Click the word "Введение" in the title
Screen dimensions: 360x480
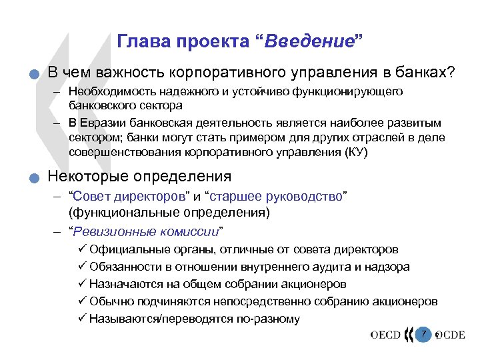311,41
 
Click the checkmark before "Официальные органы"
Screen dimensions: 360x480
82,249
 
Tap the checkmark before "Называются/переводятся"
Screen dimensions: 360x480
82,319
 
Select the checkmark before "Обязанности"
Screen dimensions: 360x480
82,267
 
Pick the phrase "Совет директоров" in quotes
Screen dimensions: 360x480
131,197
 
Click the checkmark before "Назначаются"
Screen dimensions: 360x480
82,284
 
